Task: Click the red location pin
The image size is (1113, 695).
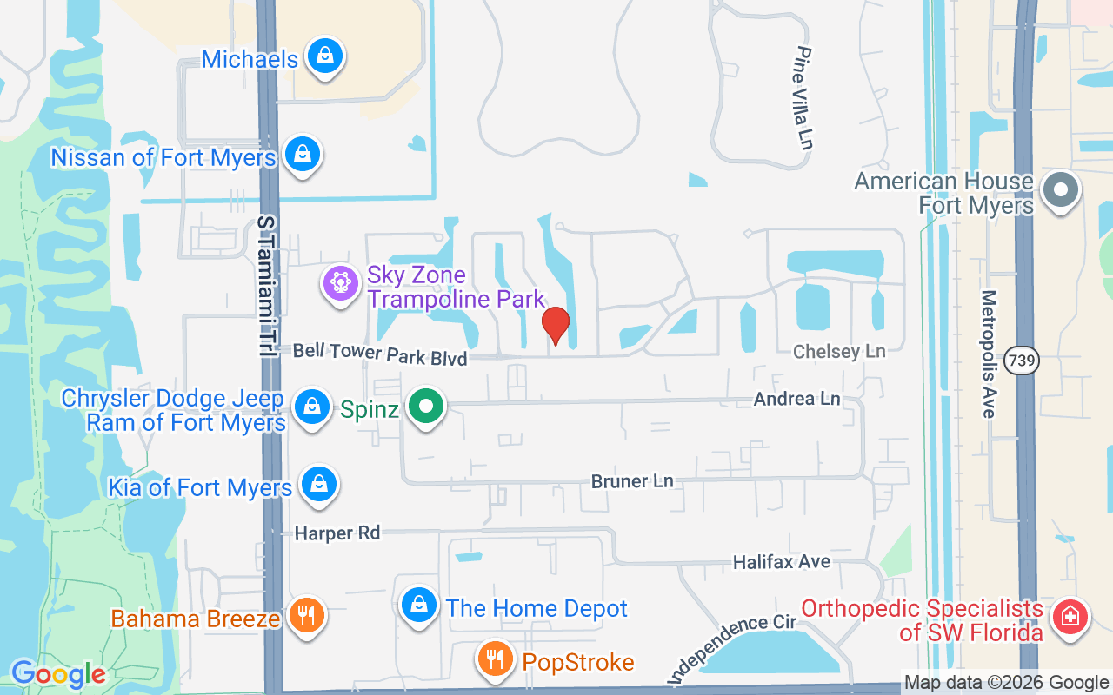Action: point(555,325)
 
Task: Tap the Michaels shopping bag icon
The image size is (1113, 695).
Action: point(324,56)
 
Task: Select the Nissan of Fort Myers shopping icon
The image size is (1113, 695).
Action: point(302,155)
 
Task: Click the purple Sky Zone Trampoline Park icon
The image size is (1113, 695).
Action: point(340,282)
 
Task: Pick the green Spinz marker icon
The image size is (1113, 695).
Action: point(425,406)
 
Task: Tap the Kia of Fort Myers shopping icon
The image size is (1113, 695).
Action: point(318,485)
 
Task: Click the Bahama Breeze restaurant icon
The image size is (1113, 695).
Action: point(305,616)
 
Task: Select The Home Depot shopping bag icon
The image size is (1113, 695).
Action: point(419,605)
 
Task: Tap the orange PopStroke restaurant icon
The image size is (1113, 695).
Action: point(496,659)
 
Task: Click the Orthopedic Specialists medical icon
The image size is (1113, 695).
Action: point(1070,617)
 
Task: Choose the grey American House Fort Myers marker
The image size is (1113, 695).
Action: point(1060,189)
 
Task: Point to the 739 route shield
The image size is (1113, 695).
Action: point(1023,359)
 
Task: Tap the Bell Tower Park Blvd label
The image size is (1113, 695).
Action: point(379,354)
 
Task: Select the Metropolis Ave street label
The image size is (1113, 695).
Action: point(988,354)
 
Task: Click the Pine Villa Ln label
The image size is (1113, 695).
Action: point(804,98)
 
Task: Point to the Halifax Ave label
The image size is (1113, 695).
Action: point(781,562)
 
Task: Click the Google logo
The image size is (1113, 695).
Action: point(58,674)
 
